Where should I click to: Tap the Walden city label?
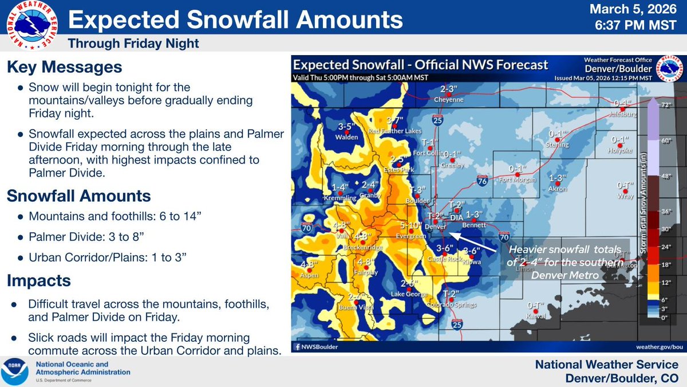348,137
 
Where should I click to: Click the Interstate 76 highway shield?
482,181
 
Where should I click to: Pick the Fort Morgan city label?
517,179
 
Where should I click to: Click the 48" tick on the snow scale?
665,177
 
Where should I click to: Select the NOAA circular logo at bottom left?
18,372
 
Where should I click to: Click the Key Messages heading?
64,67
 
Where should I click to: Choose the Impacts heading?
39,280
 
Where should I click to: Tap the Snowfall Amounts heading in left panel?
78,196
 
